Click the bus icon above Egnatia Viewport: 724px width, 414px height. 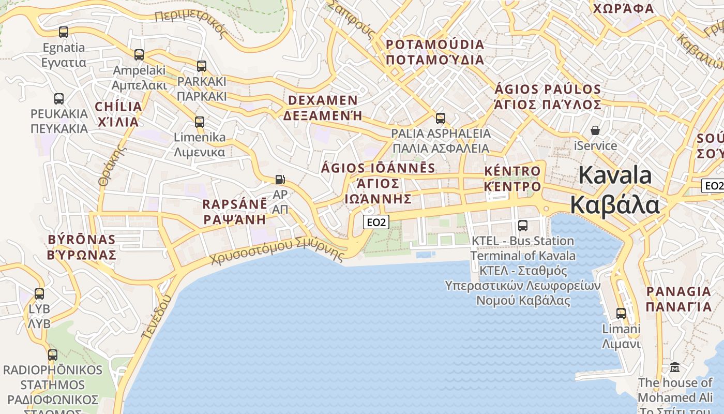pyautogui.click(x=64, y=32)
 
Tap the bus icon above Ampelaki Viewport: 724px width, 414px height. pyautogui.click(x=139, y=55)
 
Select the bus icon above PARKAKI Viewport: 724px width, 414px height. pyautogui.click(x=202, y=66)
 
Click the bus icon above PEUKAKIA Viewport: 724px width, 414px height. pyautogui.click(x=59, y=99)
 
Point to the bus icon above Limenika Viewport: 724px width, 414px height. pyautogui.click(x=200, y=122)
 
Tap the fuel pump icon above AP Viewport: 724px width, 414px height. pyautogui.click(x=280, y=180)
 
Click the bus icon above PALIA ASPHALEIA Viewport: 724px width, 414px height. pyautogui.click(x=441, y=119)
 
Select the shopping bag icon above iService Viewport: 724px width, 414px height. pyautogui.click(x=595, y=130)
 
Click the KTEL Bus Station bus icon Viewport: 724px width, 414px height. pyautogui.click(x=523, y=226)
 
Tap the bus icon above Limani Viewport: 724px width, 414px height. pyautogui.click(x=621, y=314)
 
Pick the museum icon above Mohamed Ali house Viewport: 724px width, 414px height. pyautogui.click(x=675, y=367)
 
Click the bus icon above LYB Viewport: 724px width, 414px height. pyautogui.click(x=39, y=294)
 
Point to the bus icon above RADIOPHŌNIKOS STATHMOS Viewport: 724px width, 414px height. pyautogui.click(x=53, y=355)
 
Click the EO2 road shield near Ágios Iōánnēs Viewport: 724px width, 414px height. pyautogui.click(x=376, y=223)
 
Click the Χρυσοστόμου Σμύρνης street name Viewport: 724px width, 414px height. pyautogui.click(x=278, y=252)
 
